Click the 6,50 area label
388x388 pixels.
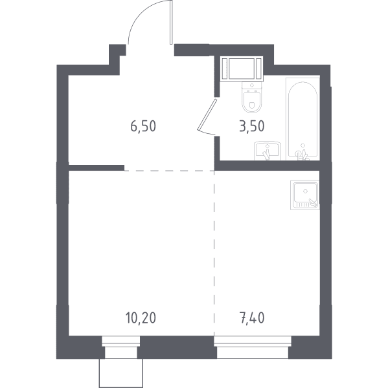(x=143, y=126)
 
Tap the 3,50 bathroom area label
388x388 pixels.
(x=252, y=126)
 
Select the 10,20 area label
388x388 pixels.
(x=141, y=318)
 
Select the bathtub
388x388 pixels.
(x=302, y=119)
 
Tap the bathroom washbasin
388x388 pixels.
(x=268, y=151)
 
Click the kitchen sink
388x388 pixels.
(x=305, y=195)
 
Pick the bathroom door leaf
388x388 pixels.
(x=207, y=114)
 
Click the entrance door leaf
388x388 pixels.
(x=171, y=22)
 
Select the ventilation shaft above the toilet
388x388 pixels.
(x=242, y=69)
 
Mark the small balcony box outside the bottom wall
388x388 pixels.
(x=121, y=373)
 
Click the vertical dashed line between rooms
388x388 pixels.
(x=214, y=253)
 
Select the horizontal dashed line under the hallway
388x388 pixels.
(x=169, y=171)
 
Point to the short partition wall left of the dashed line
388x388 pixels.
(x=97, y=167)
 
